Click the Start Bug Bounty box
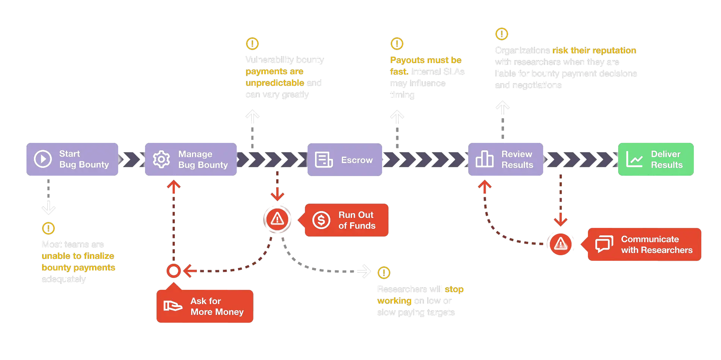[73, 159]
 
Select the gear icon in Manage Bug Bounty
[161, 159]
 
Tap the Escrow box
[345, 160]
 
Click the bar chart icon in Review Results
[484, 159]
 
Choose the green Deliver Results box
[656, 159]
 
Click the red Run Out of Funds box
[347, 220]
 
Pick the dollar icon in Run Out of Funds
[321, 220]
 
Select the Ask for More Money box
[205, 306]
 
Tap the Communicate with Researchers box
[644, 244]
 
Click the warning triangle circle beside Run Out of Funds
[277, 219]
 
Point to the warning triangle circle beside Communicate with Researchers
[560, 244]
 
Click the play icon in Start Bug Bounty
[43, 159]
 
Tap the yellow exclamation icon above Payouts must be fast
[397, 44]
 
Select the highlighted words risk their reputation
[594, 50]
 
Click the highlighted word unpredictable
[275, 83]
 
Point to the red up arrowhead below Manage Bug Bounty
[174, 185]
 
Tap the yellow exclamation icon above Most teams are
[48, 228]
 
